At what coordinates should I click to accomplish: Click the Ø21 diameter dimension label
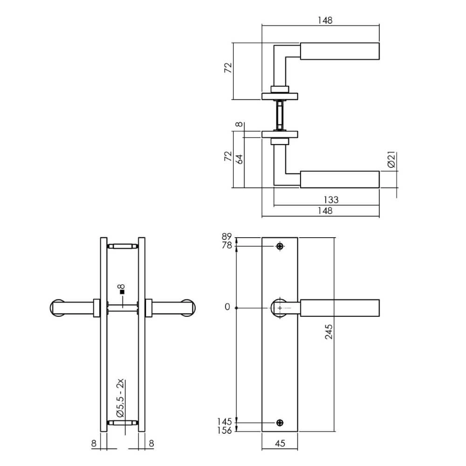click(392, 160)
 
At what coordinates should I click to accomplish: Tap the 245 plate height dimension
click(329, 331)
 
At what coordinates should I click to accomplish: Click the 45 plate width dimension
click(280, 444)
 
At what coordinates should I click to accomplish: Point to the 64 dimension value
click(240, 158)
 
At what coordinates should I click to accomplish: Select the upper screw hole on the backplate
click(280, 246)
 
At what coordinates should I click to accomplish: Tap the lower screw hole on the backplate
click(280, 423)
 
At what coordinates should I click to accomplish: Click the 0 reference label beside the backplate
click(227, 308)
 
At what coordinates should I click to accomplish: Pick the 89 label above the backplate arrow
click(227, 236)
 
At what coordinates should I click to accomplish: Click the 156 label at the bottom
click(225, 431)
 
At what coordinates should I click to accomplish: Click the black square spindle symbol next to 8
click(122, 292)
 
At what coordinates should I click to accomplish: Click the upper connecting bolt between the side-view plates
click(123, 246)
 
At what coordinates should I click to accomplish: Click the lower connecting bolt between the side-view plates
click(123, 423)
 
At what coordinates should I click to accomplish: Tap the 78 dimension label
click(227, 246)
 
